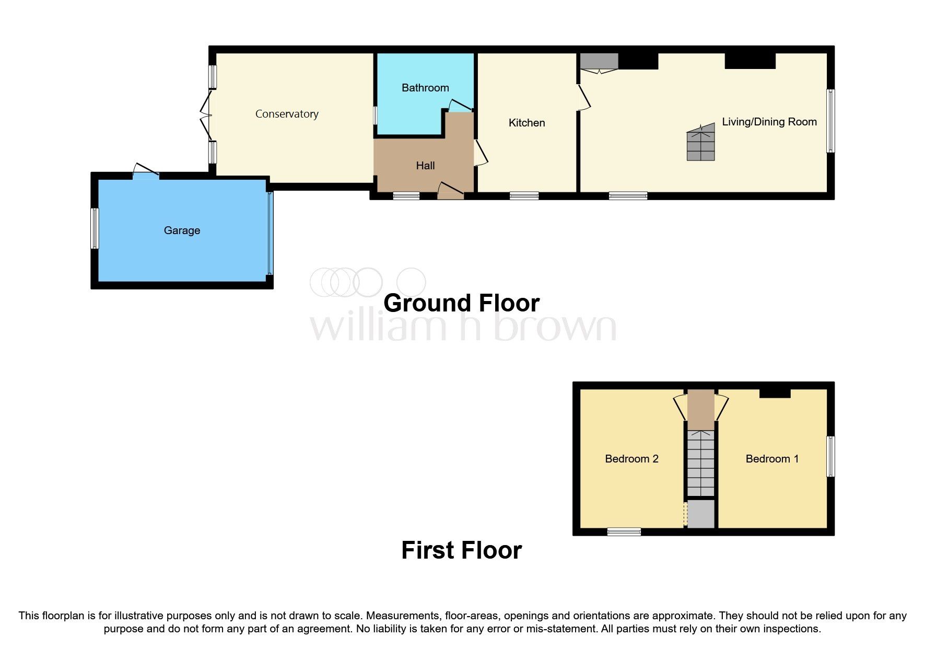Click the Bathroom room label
(x=425, y=88)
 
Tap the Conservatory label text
(x=287, y=114)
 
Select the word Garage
(x=182, y=230)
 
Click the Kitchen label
(x=526, y=123)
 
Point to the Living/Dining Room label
(x=769, y=122)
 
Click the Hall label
(x=425, y=166)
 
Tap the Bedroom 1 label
(x=771, y=459)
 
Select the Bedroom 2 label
(x=631, y=459)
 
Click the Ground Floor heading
(x=461, y=303)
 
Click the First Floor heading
(x=461, y=550)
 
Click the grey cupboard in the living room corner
(x=599, y=62)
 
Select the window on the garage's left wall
(x=95, y=228)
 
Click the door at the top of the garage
(x=146, y=172)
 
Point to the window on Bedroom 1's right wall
(x=830, y=456)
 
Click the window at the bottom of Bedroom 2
(x=624, y=532)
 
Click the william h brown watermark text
(x=463, y=327)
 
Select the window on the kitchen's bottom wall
(x=524, y=195)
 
